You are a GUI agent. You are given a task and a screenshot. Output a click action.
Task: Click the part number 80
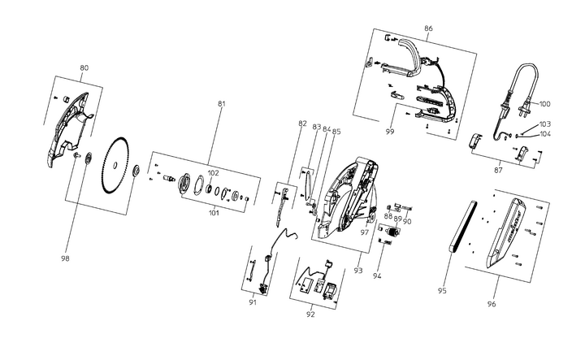84,68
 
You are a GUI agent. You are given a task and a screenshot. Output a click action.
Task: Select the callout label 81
222,103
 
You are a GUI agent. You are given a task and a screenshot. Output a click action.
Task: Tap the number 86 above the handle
428,28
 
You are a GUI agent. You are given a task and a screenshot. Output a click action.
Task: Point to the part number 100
544,104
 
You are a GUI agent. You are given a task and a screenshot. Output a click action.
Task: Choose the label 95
443,290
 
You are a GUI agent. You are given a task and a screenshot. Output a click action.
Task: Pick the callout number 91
253,302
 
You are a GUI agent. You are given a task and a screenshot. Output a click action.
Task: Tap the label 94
376,275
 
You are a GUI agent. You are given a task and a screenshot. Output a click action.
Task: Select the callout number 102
213,173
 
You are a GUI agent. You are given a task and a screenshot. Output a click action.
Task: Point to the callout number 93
357,271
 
